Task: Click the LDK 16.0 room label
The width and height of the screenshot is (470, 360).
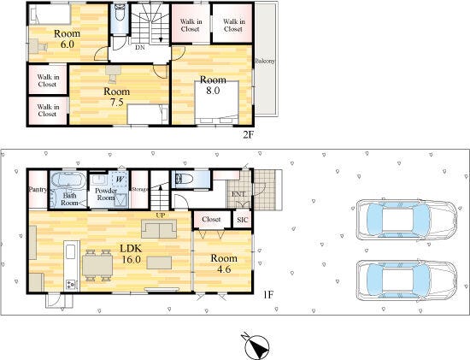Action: pyautogui.click(x=131, y=254)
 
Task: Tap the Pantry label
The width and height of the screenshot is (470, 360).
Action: pyautogui.click(x=38, y=189)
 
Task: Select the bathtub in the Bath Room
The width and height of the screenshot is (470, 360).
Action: pyautogui.click(x=68, y=180)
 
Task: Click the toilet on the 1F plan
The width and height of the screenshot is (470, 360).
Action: pyautogui.click(x=184, y=180)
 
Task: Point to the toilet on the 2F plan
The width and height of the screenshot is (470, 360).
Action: pyautogui.click(x=120, y=13)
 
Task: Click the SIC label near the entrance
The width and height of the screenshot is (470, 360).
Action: pyautogui.click(x=242, y=220)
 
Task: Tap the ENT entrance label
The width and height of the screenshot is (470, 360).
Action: pyautogui.click(x=238, y=194)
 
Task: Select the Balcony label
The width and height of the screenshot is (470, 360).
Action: pyautogui.click(x=265, y=61)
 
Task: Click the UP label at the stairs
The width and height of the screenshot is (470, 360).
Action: pyautogui.click(x=161, y=215)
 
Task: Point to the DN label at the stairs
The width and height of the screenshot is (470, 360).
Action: pyautogui.click(x=139, y=47)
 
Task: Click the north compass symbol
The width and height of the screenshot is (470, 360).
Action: pyautogui.click(x=256, y=346)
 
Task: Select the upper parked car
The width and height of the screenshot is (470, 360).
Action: pyautogui.click(x=407, y=220)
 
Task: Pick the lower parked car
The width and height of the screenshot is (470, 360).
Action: pyautogui.click(x=407, y=280)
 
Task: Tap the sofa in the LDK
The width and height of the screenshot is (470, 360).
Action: pyautogui.click(x=159, y=228)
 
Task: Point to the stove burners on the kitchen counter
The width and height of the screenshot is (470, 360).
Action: pyautogui.click(x=72, y=285)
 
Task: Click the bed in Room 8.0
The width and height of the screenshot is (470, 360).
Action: pyautogui.click(x=217, y=102)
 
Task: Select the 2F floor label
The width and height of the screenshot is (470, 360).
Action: pyautogui.click(x=248, y=135)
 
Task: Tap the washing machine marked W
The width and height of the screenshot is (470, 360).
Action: pyautogui.click(x=120, y=180)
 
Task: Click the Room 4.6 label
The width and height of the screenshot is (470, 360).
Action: pyautogui.click(x=224, y=263)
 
